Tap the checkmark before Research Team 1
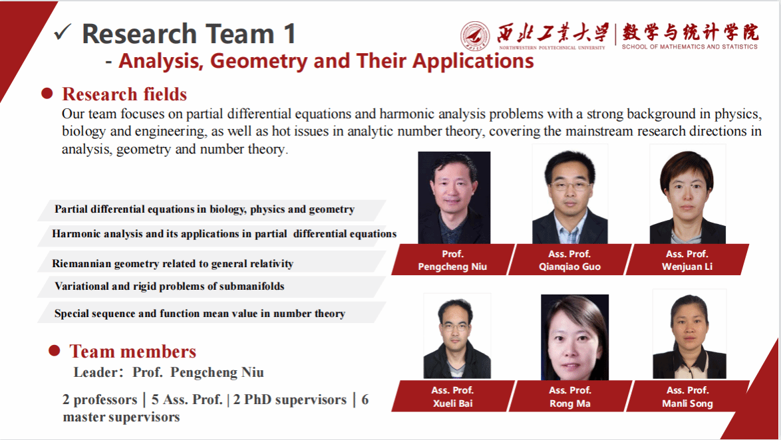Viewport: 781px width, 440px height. click(x=63, y=32)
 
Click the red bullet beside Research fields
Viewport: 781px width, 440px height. click(x=47, y=94)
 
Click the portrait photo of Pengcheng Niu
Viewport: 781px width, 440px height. click(x=454, y=197)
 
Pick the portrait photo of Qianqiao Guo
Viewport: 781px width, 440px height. click(x=570, y=194)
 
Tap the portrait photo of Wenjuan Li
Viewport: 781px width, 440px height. click(x=687, y=194)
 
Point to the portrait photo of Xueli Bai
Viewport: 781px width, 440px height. click(x=457, y=336)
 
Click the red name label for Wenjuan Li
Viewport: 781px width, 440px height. click(x=687, y=260)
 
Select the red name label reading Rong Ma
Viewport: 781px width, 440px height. click(x=570, y=397)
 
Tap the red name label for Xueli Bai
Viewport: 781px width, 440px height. click(x=452, y=397)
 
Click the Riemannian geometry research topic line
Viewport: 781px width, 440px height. click(x=172, y=264)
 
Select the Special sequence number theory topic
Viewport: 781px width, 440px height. click(x=200, y=313)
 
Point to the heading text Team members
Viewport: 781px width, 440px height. click(x=132, y=351)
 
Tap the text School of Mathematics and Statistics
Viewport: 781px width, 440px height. click(x=689, y=47)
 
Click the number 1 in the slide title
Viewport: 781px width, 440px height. click(x=287, y=33)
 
